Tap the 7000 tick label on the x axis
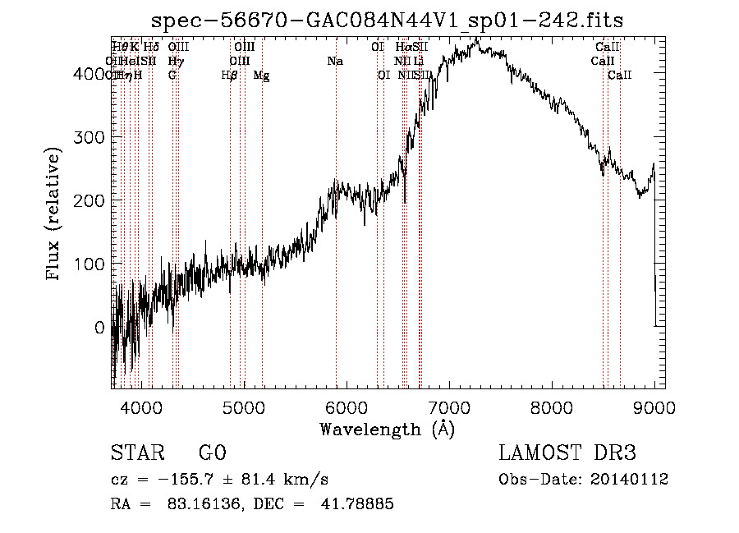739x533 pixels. coord(449,407)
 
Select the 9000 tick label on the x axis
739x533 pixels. coord(654,407)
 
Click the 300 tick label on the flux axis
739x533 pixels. coord(94,136)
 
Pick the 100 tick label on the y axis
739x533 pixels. coord(94,264)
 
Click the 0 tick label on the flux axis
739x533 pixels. coord(99,328)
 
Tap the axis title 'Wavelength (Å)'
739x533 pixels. coord(387,429)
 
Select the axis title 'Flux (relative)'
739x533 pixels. coord(55,215)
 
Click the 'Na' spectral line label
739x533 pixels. coord(335,61)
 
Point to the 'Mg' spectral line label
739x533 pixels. coord(261,76)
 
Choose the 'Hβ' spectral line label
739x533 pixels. coord(230,76)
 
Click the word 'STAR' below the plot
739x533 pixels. coord(136,454)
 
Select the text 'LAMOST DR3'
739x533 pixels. coord(567,454)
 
